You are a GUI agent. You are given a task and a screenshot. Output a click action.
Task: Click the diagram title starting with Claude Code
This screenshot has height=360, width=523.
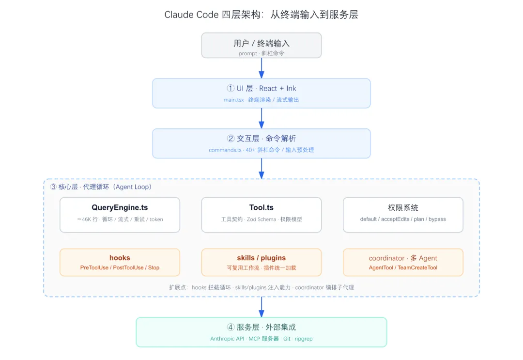point(261,15)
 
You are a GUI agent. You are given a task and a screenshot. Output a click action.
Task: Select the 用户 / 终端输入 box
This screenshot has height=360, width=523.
point(261,46)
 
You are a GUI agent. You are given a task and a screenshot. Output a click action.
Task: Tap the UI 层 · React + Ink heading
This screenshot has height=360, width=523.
point(261,88)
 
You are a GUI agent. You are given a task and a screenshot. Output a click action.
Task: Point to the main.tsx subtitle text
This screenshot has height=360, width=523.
point(261,100)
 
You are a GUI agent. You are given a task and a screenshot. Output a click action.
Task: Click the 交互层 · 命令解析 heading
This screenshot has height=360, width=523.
point(261,139)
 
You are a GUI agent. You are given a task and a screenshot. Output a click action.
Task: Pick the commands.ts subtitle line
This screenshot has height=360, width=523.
point(261,150)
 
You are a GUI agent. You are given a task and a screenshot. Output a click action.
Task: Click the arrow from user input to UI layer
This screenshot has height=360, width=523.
point(261,68)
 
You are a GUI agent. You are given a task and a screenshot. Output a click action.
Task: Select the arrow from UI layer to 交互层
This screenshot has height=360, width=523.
point(261,118)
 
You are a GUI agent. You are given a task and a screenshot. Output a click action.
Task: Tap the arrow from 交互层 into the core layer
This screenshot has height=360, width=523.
point(261,169)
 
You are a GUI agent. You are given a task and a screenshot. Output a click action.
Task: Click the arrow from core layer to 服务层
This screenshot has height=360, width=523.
point(261,307)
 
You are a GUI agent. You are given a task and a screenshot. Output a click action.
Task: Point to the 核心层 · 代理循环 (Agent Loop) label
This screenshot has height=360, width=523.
point(101,187)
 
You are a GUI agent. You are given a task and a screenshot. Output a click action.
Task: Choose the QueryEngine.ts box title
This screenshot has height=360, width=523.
point(120,207)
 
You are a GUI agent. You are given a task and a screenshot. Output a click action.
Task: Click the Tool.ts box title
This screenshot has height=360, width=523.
point(261,207)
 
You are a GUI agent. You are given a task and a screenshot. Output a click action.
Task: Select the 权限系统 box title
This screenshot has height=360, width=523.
point(403,208)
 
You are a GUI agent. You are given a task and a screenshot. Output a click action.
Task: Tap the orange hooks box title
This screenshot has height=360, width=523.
point(120,258)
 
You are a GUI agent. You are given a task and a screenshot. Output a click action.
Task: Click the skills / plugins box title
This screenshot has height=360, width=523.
point(261,258)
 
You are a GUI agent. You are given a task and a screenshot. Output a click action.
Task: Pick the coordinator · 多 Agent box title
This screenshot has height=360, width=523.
point(403,258)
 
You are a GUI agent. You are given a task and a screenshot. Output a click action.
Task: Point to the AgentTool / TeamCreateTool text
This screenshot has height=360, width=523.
point(403,267)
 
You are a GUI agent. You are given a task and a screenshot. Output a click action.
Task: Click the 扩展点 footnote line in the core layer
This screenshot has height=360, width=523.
point(261,287)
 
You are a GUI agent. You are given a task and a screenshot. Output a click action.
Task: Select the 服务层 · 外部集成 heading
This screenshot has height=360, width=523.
point(261,328)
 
